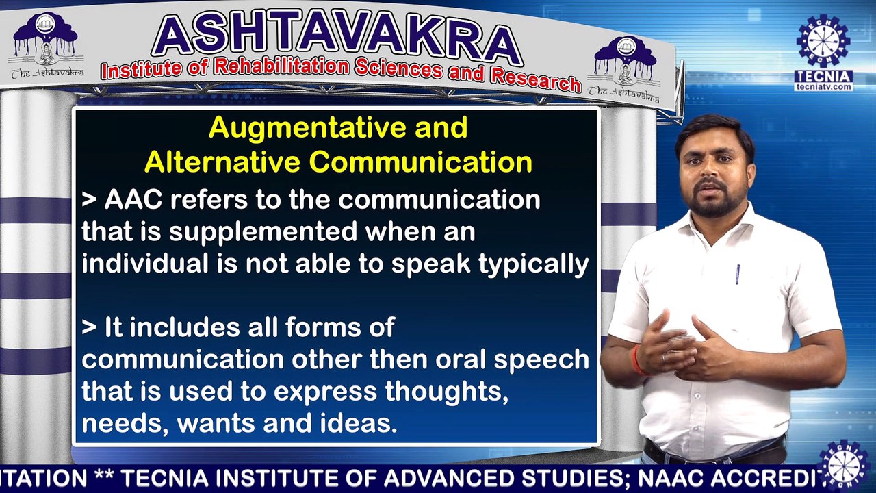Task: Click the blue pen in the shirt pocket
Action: tap(738, 273)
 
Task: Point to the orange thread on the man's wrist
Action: tap(637, 360)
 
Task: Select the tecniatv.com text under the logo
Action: tap(823, 87)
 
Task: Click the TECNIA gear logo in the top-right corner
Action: tap(823, 41)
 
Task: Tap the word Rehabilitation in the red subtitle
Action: tap(282, 66)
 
